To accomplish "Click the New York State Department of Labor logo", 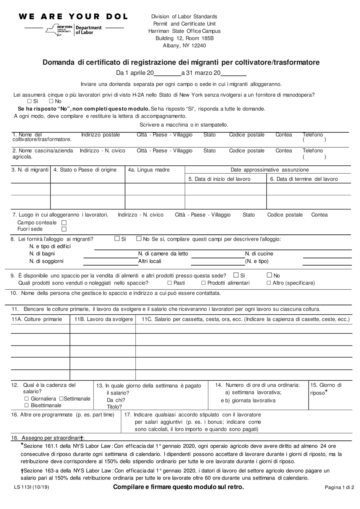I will [x=74, y=30].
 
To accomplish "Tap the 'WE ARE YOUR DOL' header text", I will [x=73, y=17].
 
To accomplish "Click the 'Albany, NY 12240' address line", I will [x=184, y=46].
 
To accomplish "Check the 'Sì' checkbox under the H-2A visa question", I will [x=30, y=102].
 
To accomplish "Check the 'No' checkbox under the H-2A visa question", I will [x=51, y=102].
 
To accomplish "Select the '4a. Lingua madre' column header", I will [x=149, y=170].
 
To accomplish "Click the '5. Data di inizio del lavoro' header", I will [x=219, y=179].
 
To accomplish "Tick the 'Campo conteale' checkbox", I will [x=64, y=223].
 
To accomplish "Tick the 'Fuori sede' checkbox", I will [x=64, y=229].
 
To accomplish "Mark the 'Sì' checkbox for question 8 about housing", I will [x=117, y=239].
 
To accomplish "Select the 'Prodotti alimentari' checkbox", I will [x=203, y=283].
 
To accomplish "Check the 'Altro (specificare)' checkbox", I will [x=269, y=283].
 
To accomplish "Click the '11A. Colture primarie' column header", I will [x=37, y=319].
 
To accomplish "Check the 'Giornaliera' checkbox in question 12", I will [x=27, y=399].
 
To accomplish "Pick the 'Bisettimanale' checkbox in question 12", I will [x=27, y=405].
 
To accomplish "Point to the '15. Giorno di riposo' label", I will [x=326, y=389].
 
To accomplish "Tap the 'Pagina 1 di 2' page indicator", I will [x=339, y=488].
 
